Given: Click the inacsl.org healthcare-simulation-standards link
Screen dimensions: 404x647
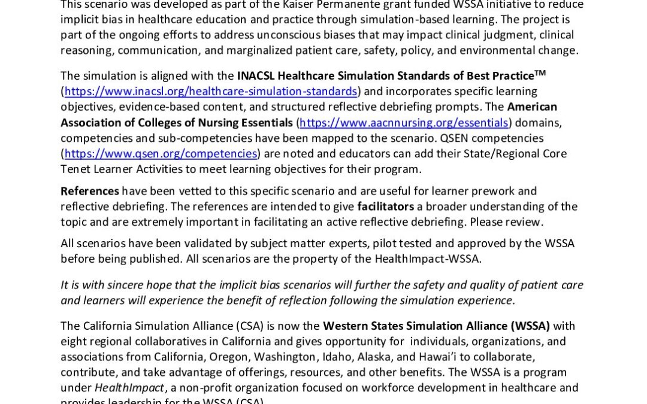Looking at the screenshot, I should click(x=211, y=92).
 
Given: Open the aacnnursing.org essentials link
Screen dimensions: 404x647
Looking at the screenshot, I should click(x=404, y=123).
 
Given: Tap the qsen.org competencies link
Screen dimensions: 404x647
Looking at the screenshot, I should click(x=161, y=154).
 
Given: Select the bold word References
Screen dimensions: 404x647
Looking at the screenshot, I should click(x=90, y=191).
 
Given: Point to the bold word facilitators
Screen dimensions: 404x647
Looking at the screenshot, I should click(x=386, y=206).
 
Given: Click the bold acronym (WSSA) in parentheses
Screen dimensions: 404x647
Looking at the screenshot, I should click(x=530, y=326).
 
